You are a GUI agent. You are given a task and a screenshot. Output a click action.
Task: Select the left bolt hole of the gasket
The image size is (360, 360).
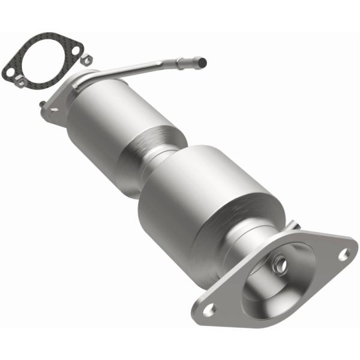pos(10,72)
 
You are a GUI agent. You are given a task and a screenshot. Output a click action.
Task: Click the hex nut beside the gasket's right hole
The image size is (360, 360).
pos(87,59)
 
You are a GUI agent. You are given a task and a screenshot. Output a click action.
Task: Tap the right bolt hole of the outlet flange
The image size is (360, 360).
pos(343,254)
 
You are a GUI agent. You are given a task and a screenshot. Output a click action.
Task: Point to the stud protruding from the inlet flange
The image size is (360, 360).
pos(43,104)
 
